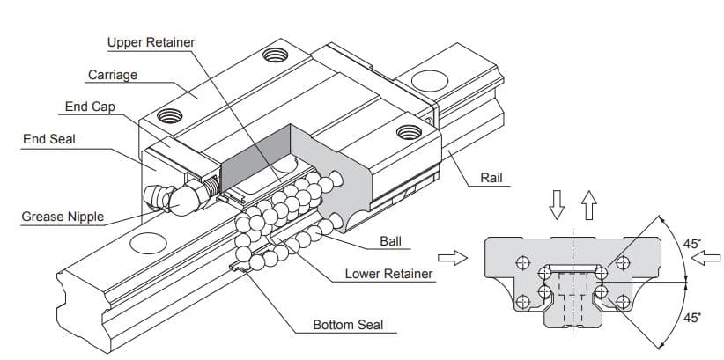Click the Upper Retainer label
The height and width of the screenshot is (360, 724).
151,42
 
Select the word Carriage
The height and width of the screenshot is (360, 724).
113,75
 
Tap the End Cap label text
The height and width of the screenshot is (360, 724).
90,107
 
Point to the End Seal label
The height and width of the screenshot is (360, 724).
48,139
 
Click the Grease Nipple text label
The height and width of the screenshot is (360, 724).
63,217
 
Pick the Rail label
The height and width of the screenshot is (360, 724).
491,179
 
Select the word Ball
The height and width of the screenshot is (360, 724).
390,240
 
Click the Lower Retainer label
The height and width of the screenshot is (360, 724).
388,274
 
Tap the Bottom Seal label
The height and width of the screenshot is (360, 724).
348,325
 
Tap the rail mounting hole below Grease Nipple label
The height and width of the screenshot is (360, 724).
147,244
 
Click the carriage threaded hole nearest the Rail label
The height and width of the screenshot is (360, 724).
408,133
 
